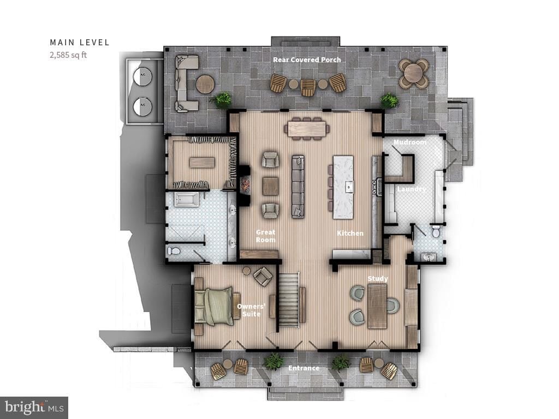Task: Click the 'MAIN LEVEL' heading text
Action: pyautogui.click(x=80, y=42)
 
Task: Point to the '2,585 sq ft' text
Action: pyautogui.click(x=68, y=54)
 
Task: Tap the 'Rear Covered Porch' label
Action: pyautogui.click(x=307, y=59)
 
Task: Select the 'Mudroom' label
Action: pyautogui.click(x=410, y=142)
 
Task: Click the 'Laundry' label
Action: pyautogui.click(x=411, y=189)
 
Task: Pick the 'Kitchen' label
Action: pyautogui.click(x=350, y=233)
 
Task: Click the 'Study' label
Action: pyautogui.click(x=378, y=279)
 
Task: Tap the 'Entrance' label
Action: pyautogui.click(x=304, y=368)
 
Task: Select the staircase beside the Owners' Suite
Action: pyautogui.click(x=289, y=300)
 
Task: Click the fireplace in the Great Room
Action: pyautogui.click(x=243, y=185)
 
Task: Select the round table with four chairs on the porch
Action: pyautogui.click(x=413, y=73)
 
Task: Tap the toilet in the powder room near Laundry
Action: pyautogui.click(x=436, y=232)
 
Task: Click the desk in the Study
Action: pyautogui.click(x=377, y=306)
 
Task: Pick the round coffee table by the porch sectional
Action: pyautogui.click(x=205, y=84)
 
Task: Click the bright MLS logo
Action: pyautogui.click(x=34, y=407)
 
